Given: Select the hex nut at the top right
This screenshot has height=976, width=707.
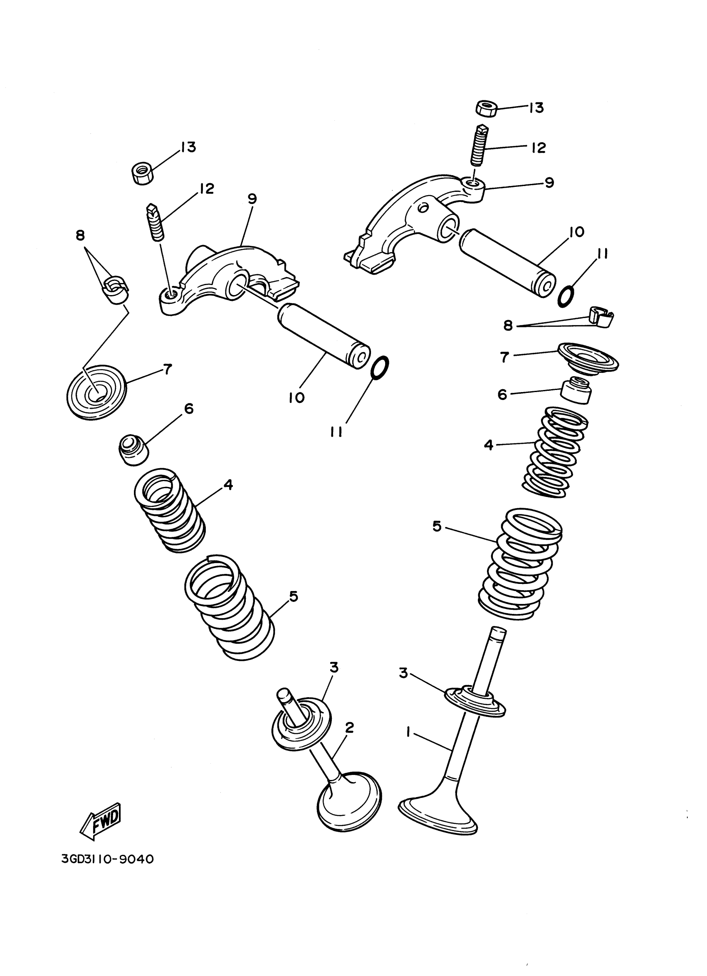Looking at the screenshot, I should pos(487,108).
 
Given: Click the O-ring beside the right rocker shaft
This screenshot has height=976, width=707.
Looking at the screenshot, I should pos(566,296).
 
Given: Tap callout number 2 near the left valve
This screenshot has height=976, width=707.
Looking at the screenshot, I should pos(349,727).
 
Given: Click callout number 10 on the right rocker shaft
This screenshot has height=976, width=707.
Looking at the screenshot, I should pos(576,232).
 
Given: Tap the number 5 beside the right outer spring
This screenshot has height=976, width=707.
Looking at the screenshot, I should pos(437,526).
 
